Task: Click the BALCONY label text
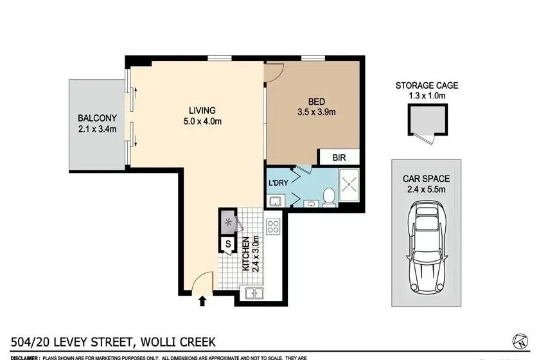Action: click(97, 118)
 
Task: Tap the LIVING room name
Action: click(202, 110)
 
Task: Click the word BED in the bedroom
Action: click(317, 102)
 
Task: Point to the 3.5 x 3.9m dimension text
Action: click(317, 112)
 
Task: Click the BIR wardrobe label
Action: click(340, 157)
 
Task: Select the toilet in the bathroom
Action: click(328, 197)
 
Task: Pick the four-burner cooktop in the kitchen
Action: click(273, 227)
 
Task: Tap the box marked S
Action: click(227, 244)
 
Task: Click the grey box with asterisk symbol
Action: click(228, 222)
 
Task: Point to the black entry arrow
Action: click(203, 300)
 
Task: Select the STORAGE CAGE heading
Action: click(427, 85)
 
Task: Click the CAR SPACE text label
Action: click(426, 179)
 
